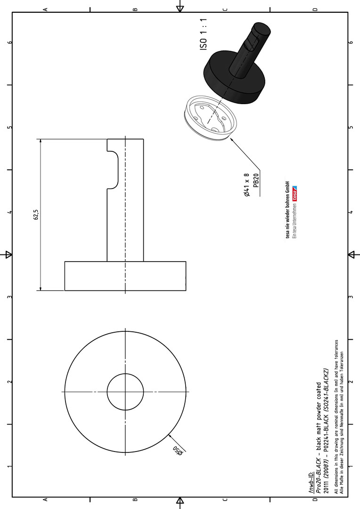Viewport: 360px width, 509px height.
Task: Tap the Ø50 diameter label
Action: pyautogui.click(x=178, y=450)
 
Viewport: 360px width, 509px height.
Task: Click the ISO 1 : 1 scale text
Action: pyautogui.click(x=203, y=34)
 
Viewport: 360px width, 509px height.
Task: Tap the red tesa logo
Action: pyautogui.click(x=295, y=194)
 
